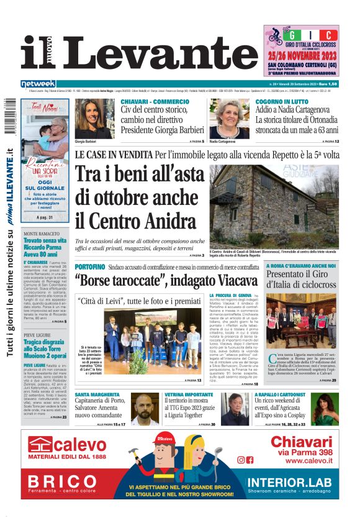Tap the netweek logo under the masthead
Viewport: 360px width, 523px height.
coord(38,84)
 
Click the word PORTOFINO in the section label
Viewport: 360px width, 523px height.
coord(89,266)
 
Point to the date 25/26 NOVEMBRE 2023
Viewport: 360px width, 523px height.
coord(300,55)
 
